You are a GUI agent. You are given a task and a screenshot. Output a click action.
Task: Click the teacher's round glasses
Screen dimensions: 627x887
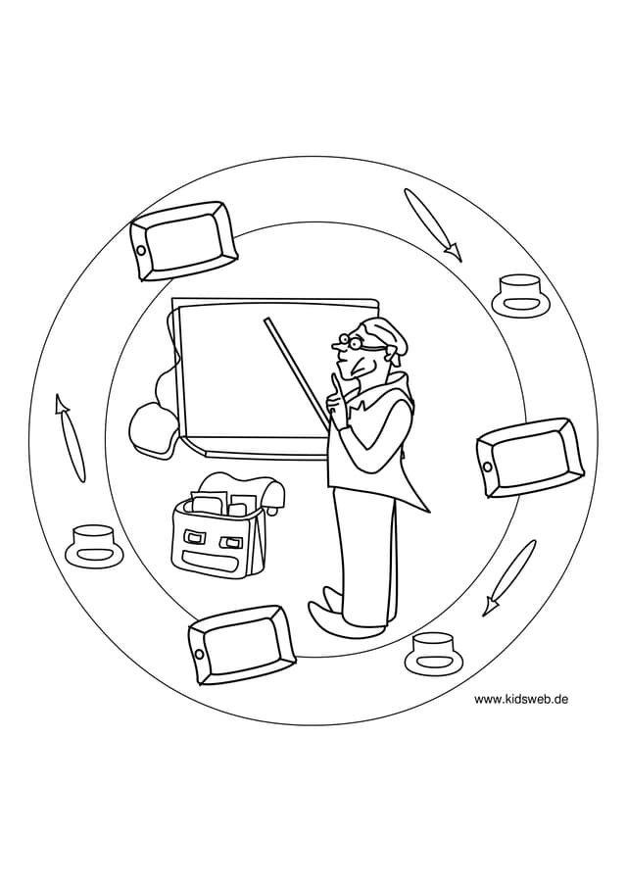pyautogui.click(x=351, y=342)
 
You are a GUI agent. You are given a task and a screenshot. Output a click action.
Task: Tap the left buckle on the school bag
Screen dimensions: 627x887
pyautogui.click(x=196, y=534)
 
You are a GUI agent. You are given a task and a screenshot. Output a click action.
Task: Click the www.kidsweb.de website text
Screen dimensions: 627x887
pyautogui.click(x=521, y=699)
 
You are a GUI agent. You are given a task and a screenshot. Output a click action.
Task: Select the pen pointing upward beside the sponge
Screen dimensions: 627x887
pyautogui.click(x=71, y=438)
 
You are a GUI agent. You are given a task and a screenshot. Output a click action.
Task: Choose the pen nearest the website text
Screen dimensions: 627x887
pyautogui.click(x=508, y=578)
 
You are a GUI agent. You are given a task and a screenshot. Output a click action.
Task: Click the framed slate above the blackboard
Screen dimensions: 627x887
pyautogui.click(x=182, y=240)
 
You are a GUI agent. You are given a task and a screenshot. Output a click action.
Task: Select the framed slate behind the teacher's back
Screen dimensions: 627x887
pyautogui.click(x=529, y=457)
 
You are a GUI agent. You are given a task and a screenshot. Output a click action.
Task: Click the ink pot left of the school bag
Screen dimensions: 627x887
pyautogui.click(x=93, y=545)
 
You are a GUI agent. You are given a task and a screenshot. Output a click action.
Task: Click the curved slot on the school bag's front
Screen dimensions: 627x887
pyautogui.click(x=215, y=563)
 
